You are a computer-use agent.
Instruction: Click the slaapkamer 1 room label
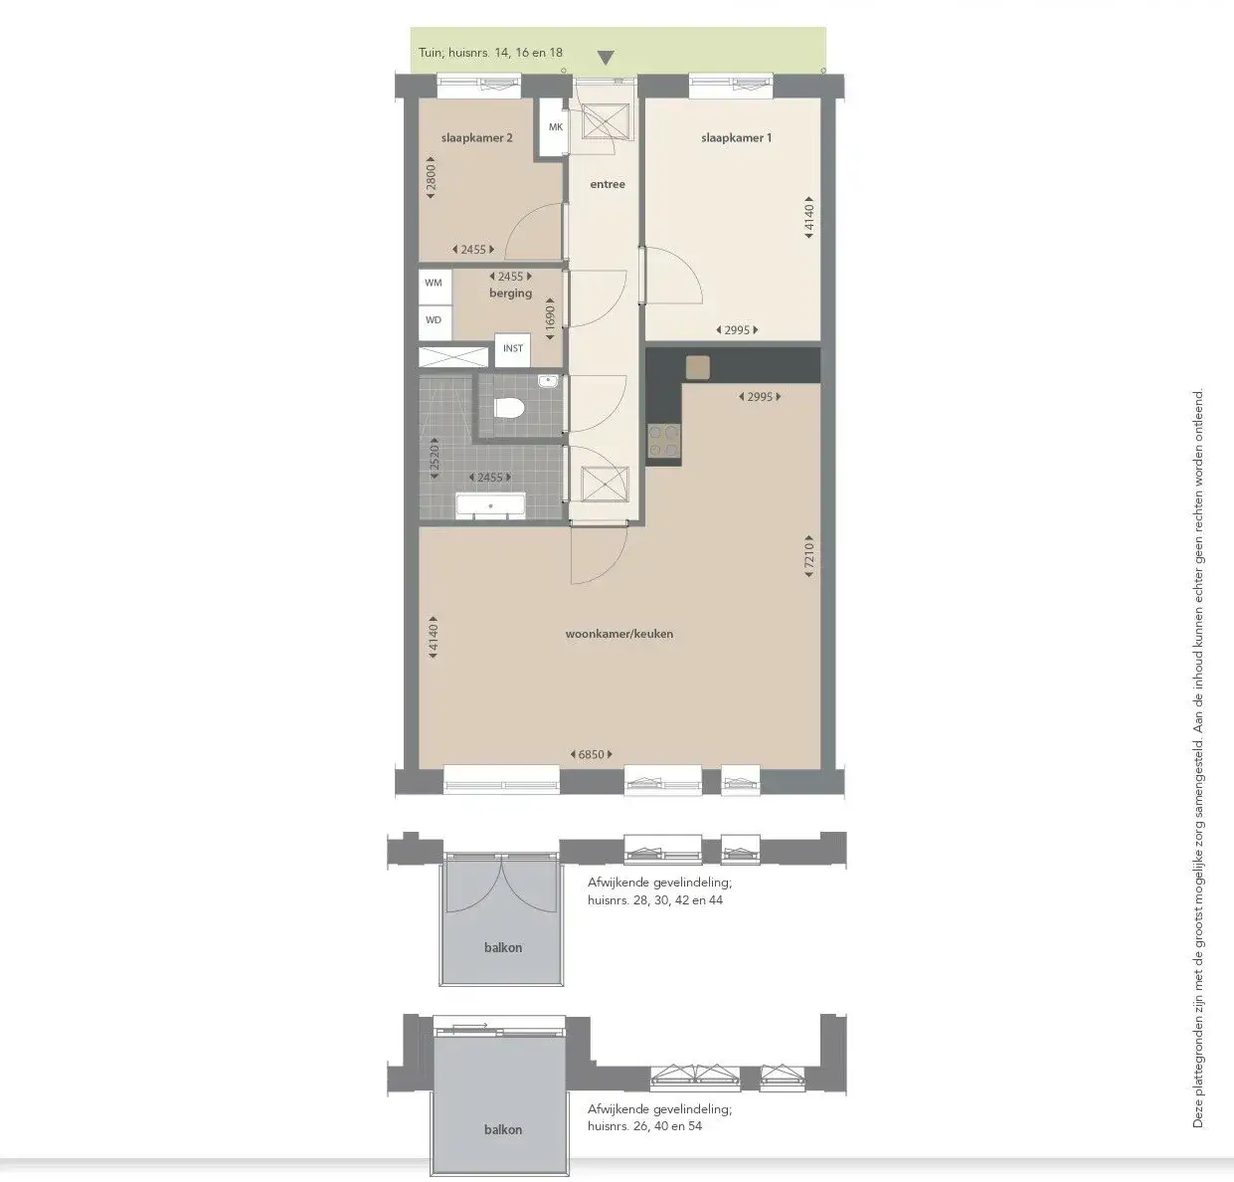(736, 138)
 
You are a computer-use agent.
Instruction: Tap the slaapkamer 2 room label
(476, 138)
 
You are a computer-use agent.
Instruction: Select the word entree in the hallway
(608, 184)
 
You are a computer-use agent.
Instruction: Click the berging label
(510, 294)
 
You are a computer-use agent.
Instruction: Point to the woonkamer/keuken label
(618, 633)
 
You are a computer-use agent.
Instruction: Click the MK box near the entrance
(555, 127)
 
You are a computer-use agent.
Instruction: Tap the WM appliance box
(434, 283)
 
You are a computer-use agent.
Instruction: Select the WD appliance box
(434, 320)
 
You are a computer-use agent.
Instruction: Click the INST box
(512, 348)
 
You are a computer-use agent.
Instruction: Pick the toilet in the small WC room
(510, 407)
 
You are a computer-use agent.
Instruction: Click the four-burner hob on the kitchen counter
(664, 441)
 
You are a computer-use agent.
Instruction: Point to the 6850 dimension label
(592, 755)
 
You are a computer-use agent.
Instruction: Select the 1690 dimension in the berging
(549, 316)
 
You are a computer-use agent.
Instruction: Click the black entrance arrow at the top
(606, 58)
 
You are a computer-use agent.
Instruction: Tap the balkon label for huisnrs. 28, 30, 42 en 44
(503, 947)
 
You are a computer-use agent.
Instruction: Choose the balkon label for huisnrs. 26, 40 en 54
(503, 1129)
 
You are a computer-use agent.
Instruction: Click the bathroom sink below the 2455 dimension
(488, 505)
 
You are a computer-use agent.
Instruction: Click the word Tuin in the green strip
(430, 55)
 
